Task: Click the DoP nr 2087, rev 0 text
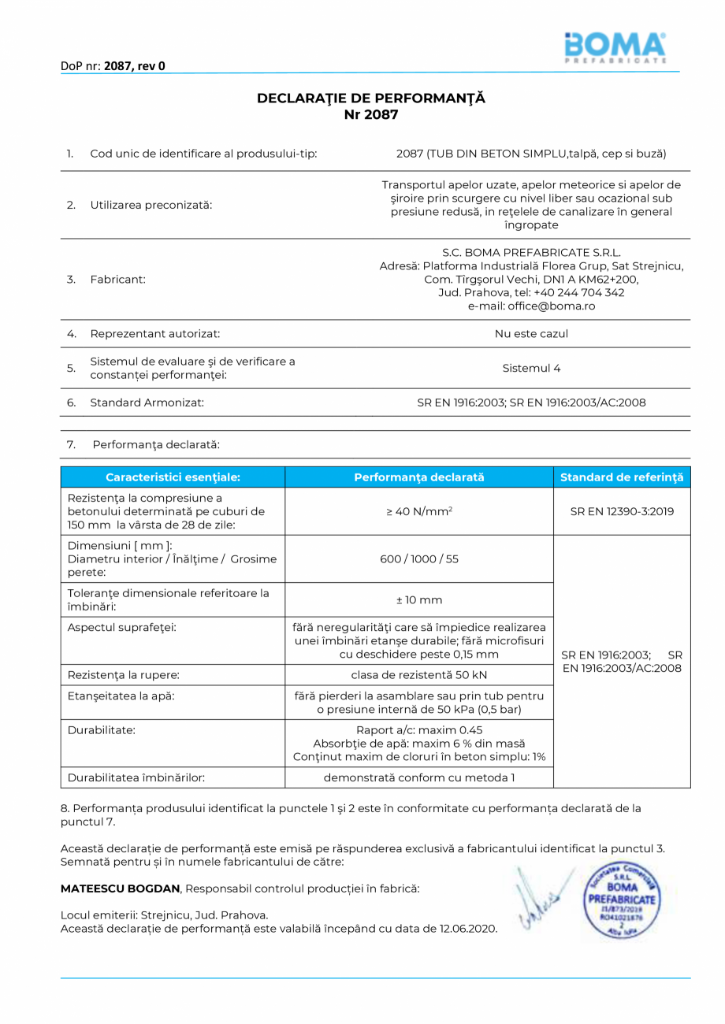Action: (x=113, y=66)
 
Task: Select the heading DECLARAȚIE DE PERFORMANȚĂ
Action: (x=371, y=98)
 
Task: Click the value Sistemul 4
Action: (x=531, y=368)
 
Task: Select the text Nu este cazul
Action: (x=531, y=333)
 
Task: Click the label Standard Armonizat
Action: (x=147, y=403)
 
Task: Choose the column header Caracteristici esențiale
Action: (x=173, y=477)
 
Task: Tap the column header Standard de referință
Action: (x=622, y=477)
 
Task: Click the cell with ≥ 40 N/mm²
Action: (x=418, y=511)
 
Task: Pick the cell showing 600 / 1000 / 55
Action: (x=418, y=558)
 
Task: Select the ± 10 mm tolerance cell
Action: (x=418, y=600)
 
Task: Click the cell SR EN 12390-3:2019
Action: (x=622, y=511)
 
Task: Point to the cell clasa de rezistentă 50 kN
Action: (x=418, y=675)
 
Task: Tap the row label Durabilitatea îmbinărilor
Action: (x=136, y=777)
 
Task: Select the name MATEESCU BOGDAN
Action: (x=121, y=889)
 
